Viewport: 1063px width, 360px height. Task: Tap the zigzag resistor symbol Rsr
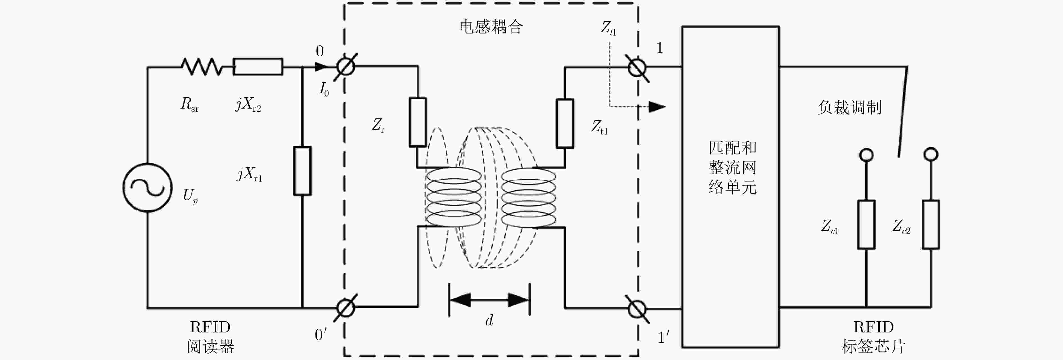(x=202, y=66)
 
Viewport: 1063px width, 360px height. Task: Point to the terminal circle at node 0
(x=346, y=58)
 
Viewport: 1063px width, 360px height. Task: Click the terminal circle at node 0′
(x=346, y=299)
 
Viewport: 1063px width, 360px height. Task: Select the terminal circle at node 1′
(x=637, y=300)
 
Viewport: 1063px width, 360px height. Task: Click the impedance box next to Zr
(x=418, y=122)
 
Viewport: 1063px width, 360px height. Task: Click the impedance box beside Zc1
(x=867, y=225)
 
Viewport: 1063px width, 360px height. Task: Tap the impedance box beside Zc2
(x=931, y=225)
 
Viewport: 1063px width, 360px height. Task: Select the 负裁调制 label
(x=850, y=107)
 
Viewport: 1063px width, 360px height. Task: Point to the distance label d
(x=489, y=320)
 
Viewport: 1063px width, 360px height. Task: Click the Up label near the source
(x=190, y=196)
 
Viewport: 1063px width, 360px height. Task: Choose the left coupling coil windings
(x=454, y=197)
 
